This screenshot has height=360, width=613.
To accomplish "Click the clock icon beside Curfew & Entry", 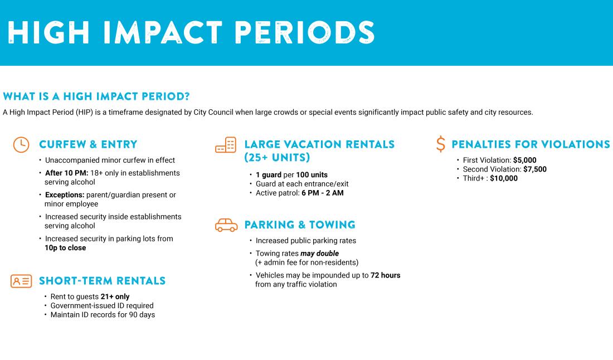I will [x=21, y=144].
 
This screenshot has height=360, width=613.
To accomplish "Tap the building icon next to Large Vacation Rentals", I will [x=226, y=145].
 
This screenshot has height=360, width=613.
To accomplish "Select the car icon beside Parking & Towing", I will [x=226, y=225].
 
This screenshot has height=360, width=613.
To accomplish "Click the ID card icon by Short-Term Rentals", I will [x=21, y=281].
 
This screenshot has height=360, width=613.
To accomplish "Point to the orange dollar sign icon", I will [x=441, y=144].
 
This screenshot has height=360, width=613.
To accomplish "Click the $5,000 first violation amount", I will [x=524, y=160].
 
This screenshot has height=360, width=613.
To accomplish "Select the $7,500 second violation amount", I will [x=534, y=169].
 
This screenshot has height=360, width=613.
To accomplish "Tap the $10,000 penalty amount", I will [x=504, y=178].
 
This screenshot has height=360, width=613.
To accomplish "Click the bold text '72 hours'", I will [x=385, y=275].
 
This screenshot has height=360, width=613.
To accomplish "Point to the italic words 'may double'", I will [x=319, y=254].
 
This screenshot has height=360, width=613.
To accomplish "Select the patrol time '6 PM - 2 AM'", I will [x=322, y=193].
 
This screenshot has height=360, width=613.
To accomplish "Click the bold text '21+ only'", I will [x=115, y=296].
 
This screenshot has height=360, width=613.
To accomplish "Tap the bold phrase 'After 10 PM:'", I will [x=67, y=173].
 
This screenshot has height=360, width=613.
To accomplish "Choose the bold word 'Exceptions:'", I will [x=65, y=195].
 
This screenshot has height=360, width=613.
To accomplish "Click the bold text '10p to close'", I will [x=65, y=248].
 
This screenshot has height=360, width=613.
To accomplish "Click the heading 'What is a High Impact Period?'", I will [x=96, y=96].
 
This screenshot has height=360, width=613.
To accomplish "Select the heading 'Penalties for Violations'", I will [x=531, y=144].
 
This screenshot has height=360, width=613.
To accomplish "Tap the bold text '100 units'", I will [x=312, y=175].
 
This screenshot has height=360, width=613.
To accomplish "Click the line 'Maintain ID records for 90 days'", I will [x=103, y=315].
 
